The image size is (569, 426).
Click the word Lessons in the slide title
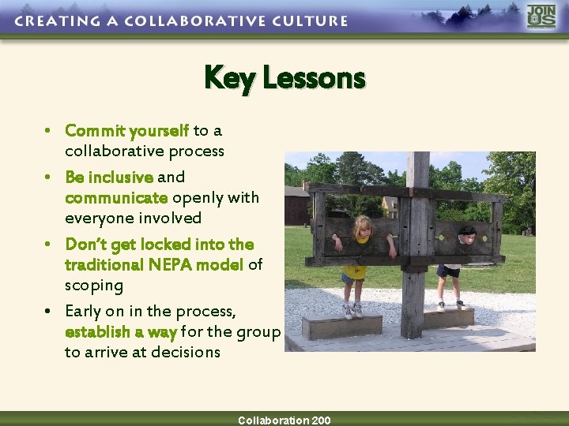tap(314, 78)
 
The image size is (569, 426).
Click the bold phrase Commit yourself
tap(126, 130)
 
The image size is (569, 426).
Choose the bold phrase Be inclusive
tap(109, 177)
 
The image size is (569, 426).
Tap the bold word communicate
tap(116, 197)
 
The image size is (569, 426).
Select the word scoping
tap(94, 285)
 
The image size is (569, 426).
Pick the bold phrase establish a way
tap(121, 332)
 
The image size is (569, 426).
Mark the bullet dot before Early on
tap(48, 312)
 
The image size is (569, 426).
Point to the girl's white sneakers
tap(352, 312)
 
